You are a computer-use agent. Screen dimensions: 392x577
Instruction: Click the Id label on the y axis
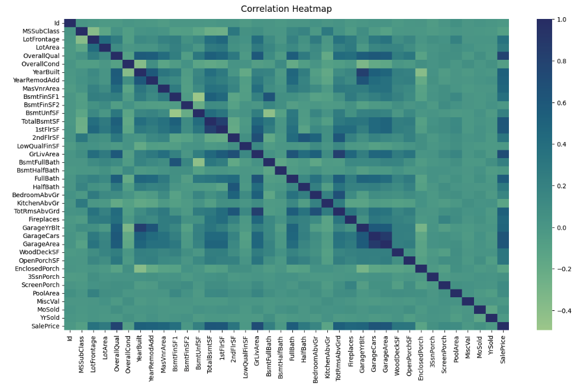click(x=57, y=23)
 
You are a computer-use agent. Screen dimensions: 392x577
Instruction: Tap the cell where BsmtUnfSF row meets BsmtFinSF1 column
click(x=175, y=113)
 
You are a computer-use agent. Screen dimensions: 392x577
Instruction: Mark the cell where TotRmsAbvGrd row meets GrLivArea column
click(x=257, y=211)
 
